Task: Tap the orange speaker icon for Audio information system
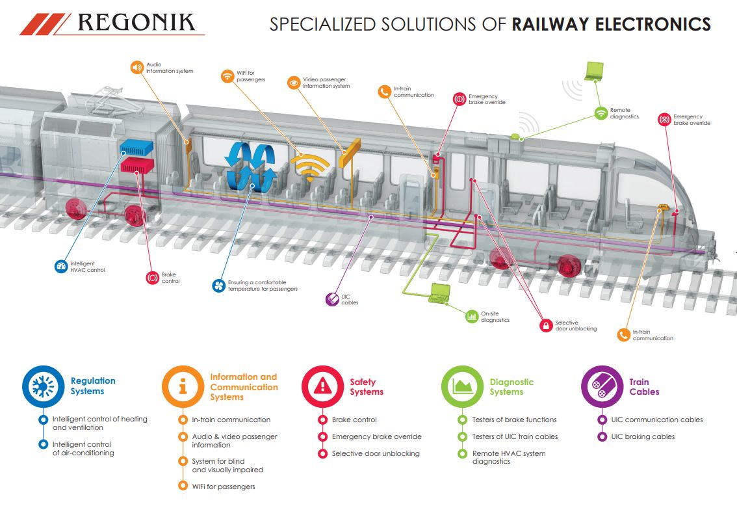[x=136, y=67]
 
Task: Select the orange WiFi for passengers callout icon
[x=227, y=76]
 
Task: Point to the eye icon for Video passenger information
[x=293, y=83]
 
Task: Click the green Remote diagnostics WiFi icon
[x=601, y=113]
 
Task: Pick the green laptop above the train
[x=594, y=71]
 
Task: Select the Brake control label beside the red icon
[x=170, y=278]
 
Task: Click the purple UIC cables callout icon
[x=331, y=299]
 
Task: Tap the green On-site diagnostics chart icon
[x=471, y=317]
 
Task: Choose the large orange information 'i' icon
[x=183, y=386]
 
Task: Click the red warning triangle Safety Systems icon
[x=322, y=387]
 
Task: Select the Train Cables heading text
[x=643, y=387]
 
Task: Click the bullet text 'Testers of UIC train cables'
[x=514, y=436]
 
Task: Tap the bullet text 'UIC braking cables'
[x=642, y=436]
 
